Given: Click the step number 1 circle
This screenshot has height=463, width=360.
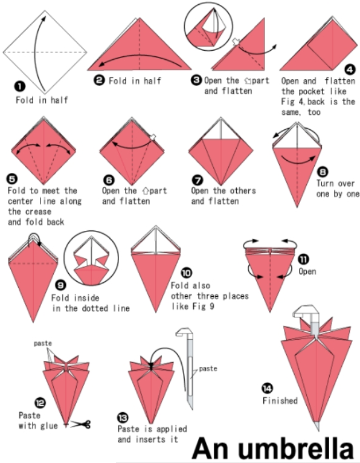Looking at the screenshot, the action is coord(20,86).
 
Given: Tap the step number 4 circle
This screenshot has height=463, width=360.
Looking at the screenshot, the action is coord(350,70).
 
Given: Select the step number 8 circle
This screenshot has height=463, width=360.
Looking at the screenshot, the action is coord(323,172).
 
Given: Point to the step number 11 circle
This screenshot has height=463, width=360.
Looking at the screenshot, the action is coord(303,259).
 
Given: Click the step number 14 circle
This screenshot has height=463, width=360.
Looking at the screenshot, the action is coord(268,388).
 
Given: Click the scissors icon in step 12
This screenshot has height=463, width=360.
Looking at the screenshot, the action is coord(82,424).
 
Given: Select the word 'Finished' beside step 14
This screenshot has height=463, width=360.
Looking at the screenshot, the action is coord(280,401).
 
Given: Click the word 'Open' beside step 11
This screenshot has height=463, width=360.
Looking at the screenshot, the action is coord(307,271).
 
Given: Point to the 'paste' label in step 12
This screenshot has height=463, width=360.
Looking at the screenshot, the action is coord(43,343).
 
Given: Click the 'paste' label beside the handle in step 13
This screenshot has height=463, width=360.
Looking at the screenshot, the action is coord(208,369).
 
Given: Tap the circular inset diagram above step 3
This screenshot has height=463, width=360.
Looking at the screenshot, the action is coord(208,26).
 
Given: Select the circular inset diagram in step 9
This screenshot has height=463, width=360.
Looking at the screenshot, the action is coord(91,259).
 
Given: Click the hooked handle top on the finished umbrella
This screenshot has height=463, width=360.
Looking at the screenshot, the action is coord(306,311).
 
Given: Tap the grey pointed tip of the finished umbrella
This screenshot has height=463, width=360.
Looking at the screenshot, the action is coord(317,426).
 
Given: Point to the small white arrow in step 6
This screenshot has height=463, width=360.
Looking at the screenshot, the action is coord(153,137).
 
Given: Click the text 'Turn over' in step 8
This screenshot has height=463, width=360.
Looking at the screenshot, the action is coord(335,183).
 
